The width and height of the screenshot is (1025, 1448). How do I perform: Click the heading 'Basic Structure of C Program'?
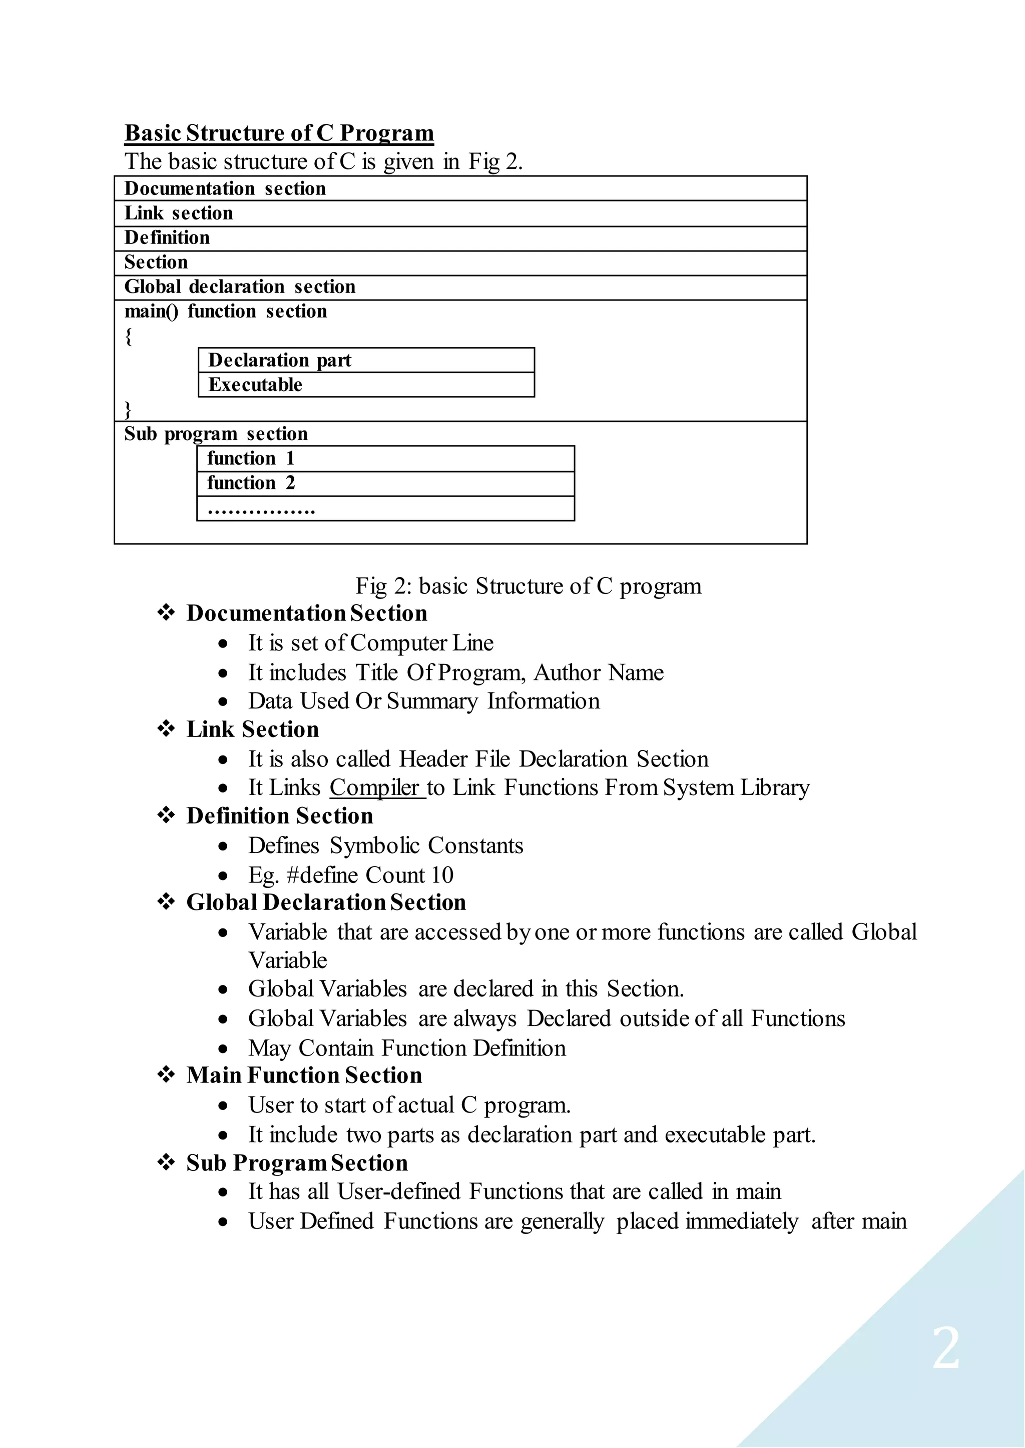279,133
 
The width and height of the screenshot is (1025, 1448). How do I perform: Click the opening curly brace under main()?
129,337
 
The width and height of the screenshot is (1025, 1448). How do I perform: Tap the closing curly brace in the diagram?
128,410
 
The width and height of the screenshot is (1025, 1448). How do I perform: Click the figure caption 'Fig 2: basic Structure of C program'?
529,586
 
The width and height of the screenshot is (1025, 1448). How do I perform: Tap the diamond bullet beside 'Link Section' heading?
166,729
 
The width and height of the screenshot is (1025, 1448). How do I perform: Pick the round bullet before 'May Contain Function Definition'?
223,1049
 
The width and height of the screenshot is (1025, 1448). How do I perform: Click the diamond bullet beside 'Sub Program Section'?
166,1162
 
